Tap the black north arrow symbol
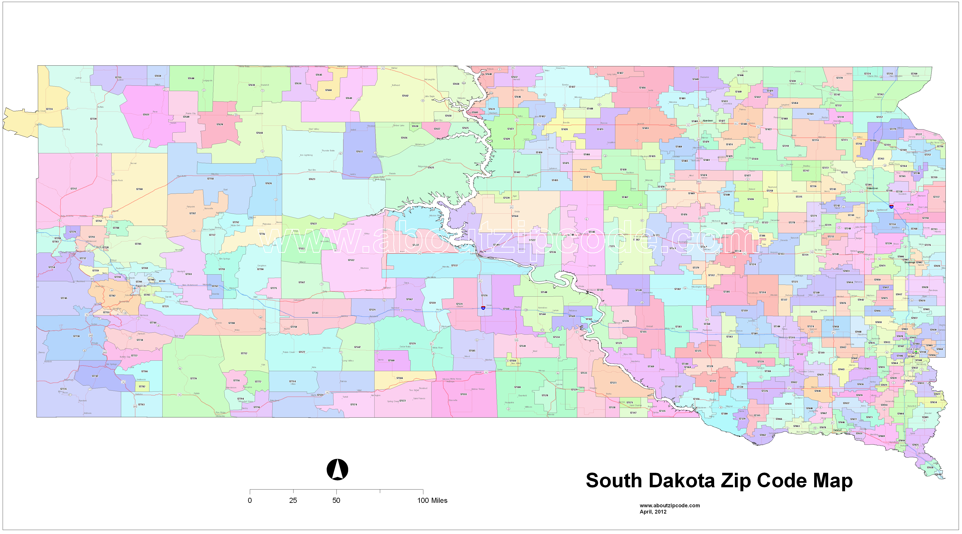337,469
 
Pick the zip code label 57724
49,109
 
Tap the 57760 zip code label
139,189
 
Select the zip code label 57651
146,115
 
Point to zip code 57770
194,378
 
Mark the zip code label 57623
312,179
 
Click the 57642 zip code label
405,96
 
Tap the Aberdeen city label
708,121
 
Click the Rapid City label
141,286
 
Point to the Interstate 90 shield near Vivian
483,308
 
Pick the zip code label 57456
642,88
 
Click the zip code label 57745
64,298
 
